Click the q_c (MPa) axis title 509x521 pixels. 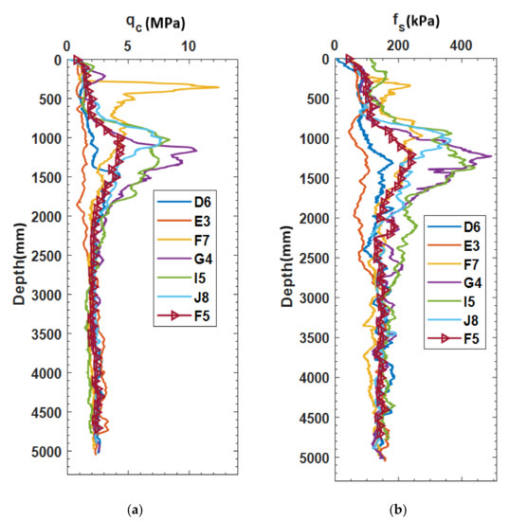pos(155,24)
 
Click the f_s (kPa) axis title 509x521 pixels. pos(416,23)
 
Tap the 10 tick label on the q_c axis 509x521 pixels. pos(189,46)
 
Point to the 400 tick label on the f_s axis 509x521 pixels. pos(461,45)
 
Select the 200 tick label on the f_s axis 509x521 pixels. pos(398,45)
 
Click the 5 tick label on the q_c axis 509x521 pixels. pos(128,46)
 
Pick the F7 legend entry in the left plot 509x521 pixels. pos(184,240)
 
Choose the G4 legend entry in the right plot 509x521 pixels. pos(454,283)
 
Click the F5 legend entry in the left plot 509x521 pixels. pos(184,315)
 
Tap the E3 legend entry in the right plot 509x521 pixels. pos(454,245)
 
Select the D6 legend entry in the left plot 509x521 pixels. pos(184,202)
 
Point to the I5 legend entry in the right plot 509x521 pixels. pos(454,301)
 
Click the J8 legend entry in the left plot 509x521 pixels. pos(184,296)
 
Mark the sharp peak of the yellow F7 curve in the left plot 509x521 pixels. pos(219,87)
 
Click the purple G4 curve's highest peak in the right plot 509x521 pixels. pos(491,156)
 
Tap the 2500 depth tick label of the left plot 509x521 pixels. pos(46,256)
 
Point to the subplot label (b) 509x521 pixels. pos(398,510)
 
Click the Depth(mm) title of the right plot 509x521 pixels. pos(286,266)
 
